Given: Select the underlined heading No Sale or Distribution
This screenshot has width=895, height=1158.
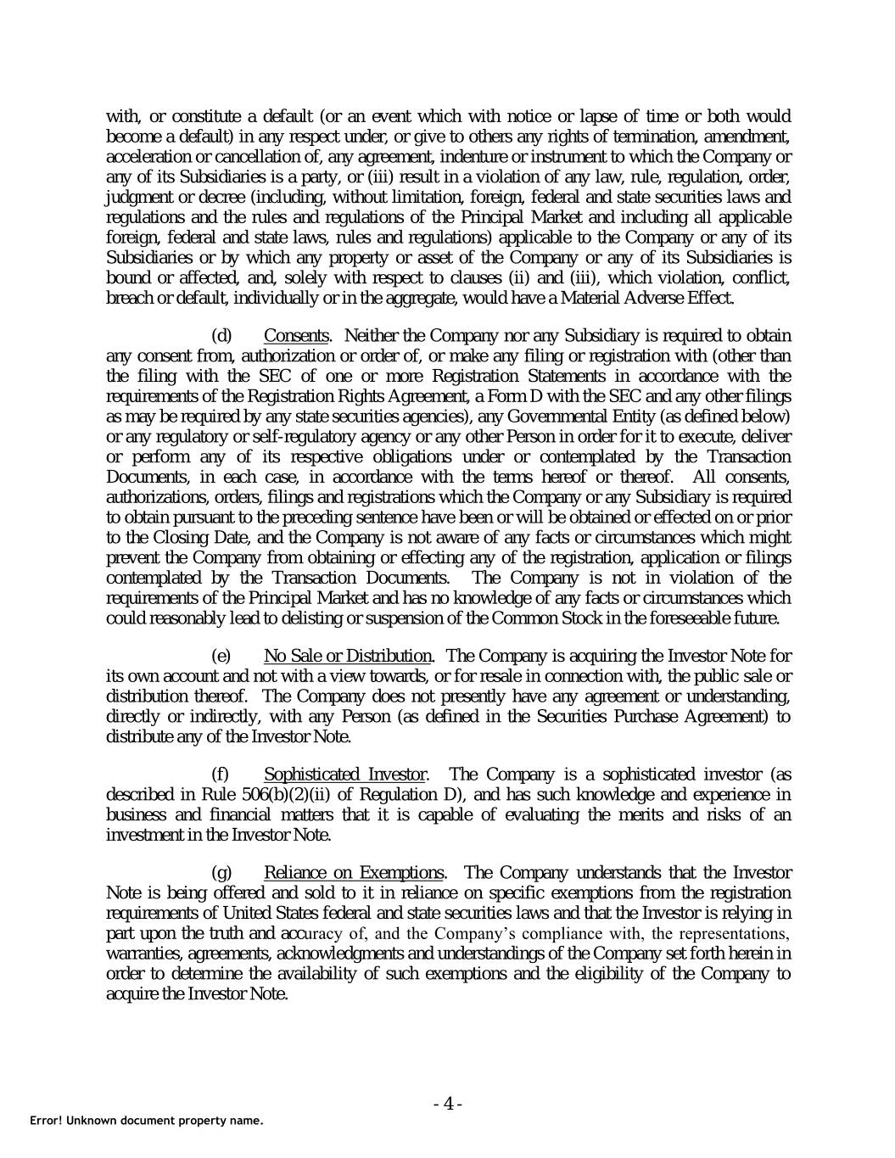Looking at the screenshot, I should [348, 656].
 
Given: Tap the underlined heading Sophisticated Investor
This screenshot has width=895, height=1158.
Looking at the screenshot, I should [344, 775].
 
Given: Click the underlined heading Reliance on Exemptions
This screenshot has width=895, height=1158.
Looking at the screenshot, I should [354, 873].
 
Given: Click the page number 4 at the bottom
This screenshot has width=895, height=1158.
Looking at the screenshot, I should [447, 1104].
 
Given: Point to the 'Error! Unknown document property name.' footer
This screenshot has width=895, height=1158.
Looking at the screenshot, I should [147, 1121].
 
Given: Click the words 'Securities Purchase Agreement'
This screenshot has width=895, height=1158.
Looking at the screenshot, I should [645, 716].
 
